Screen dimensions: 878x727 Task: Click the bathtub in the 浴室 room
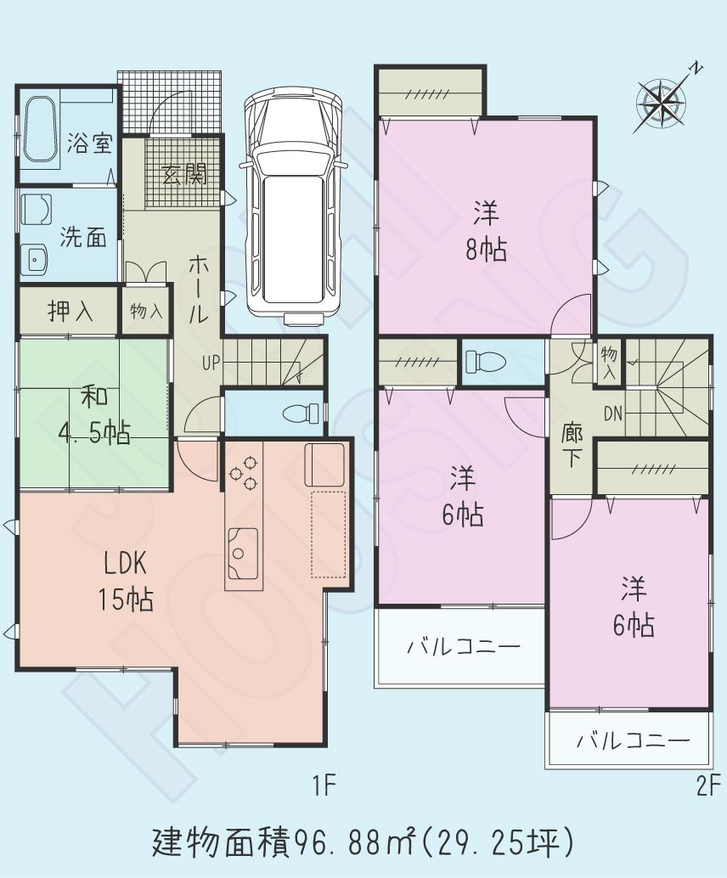click(42, 130)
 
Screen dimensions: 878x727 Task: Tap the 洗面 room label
click(82, 238)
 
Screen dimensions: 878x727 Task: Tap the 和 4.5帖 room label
click(93, 415)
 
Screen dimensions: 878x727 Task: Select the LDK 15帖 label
click(127, 582)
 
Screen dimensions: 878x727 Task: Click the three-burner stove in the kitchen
click(245, 472)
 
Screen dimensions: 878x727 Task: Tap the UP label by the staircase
click(211, 363)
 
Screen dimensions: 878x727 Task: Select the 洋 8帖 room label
click(486, 230)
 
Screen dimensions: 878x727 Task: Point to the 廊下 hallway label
click(572, 445)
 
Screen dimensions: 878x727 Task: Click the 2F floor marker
click(707, 785)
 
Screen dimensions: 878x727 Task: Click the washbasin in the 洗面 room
click(35, 258)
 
